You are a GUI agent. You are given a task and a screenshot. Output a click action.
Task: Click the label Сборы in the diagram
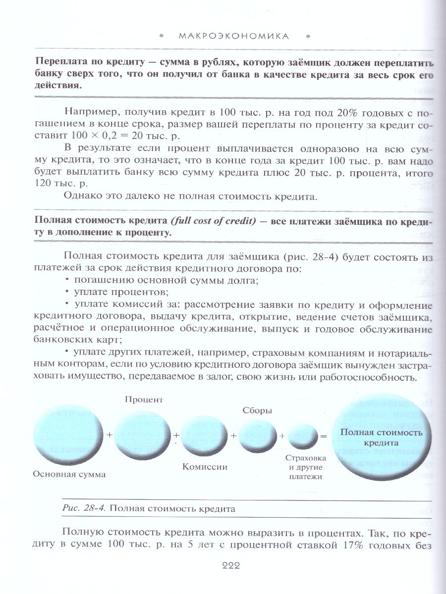coord(257,410)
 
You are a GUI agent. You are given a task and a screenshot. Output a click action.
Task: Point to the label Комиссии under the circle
coord(204,467)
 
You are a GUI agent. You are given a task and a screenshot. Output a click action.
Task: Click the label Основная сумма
coord(69,474)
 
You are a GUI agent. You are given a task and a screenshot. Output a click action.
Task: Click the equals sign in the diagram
coord(324,437)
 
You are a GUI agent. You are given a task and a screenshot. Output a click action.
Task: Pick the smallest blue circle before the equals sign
coord(303,436)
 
